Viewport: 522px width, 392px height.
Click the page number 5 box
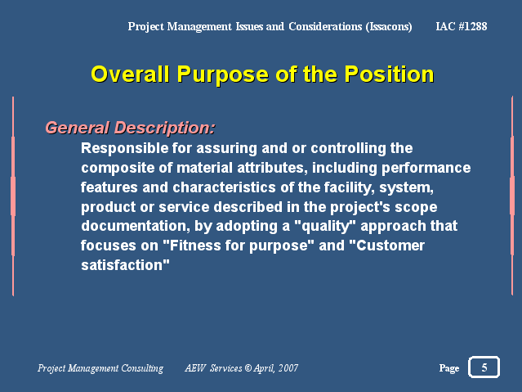[x=484, y=367]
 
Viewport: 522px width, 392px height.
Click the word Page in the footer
[x=449, y=368]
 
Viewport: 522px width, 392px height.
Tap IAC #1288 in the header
[x=462, y=26]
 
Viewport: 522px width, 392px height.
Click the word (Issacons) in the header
[x=389, y=26]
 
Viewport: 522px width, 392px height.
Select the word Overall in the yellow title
[x=130, y=74]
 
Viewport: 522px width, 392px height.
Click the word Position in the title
[x=389, y=74]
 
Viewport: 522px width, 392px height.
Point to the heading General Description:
[x=130, y=128]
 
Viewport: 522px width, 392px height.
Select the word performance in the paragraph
[x=426, y=168]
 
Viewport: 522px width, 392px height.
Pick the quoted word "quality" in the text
[x=325, y=227]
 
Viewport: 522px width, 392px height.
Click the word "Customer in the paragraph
[x=387, y=246]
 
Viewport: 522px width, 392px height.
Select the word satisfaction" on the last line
[x=125, y=265]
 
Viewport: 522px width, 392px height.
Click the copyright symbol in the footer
[x=248, y=368]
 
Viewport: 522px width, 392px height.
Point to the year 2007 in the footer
[x=288, y=368]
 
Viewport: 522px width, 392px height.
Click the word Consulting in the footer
[x=142, y=368]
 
